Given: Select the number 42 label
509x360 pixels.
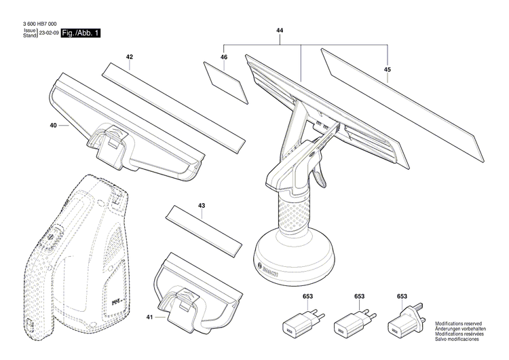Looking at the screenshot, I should pos(129,58).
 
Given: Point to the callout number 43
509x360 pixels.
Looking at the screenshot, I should pos(201,204).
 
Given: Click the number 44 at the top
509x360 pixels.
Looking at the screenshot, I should pos(280,31).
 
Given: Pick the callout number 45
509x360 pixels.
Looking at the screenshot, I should pos(387,69).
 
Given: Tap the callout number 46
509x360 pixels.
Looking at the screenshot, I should pos(223,58).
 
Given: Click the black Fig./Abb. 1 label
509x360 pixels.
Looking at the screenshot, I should pos(80,33).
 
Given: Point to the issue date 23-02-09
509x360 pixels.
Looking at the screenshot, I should pos(48,33).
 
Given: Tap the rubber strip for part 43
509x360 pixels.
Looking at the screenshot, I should pos(204,230).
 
